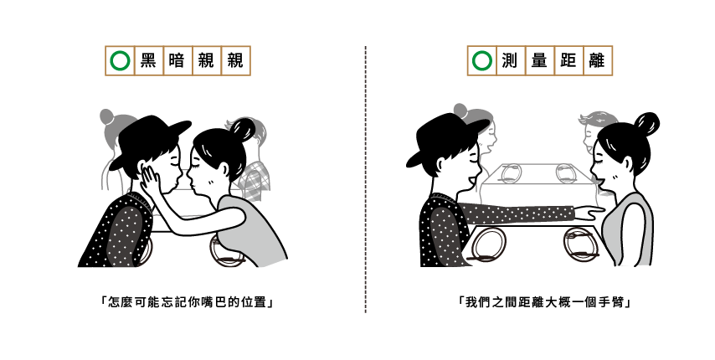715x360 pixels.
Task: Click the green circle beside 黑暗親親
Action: pyautogui.click(x=120, y=60)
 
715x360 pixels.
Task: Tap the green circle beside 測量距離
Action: pyautogui.click(x=482, y=60)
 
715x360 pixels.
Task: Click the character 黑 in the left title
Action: pyautogui.click(x=148, y=60)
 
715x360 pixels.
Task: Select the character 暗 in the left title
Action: pyautogui.click(x=177, y=60)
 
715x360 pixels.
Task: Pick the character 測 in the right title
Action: pyautogui.click(x=510, y=60)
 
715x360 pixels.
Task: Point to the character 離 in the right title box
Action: pyautogui.click(x=597, y=60)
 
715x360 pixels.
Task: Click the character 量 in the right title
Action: pyautogui.click(x=539, y=60)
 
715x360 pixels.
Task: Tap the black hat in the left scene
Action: pyautogui.click(x=147, y=136)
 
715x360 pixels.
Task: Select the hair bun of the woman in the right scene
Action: pyautogui.click(x=646, y=124)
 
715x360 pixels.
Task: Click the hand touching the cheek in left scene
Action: pyautogui.click(x=150, y=181)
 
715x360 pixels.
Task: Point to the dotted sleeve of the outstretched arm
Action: pyautogui.click(x=515, y=213)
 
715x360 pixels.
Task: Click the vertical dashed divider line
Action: pyautogui.click(x=365, y=179)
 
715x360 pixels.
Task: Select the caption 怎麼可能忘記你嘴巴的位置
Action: pyautogui.click(x=187, y=301)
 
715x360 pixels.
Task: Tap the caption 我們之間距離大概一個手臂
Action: pyautogui.click(x=544, y=301)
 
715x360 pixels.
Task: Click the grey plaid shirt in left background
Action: pyautogui.click(x=254, y=180)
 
